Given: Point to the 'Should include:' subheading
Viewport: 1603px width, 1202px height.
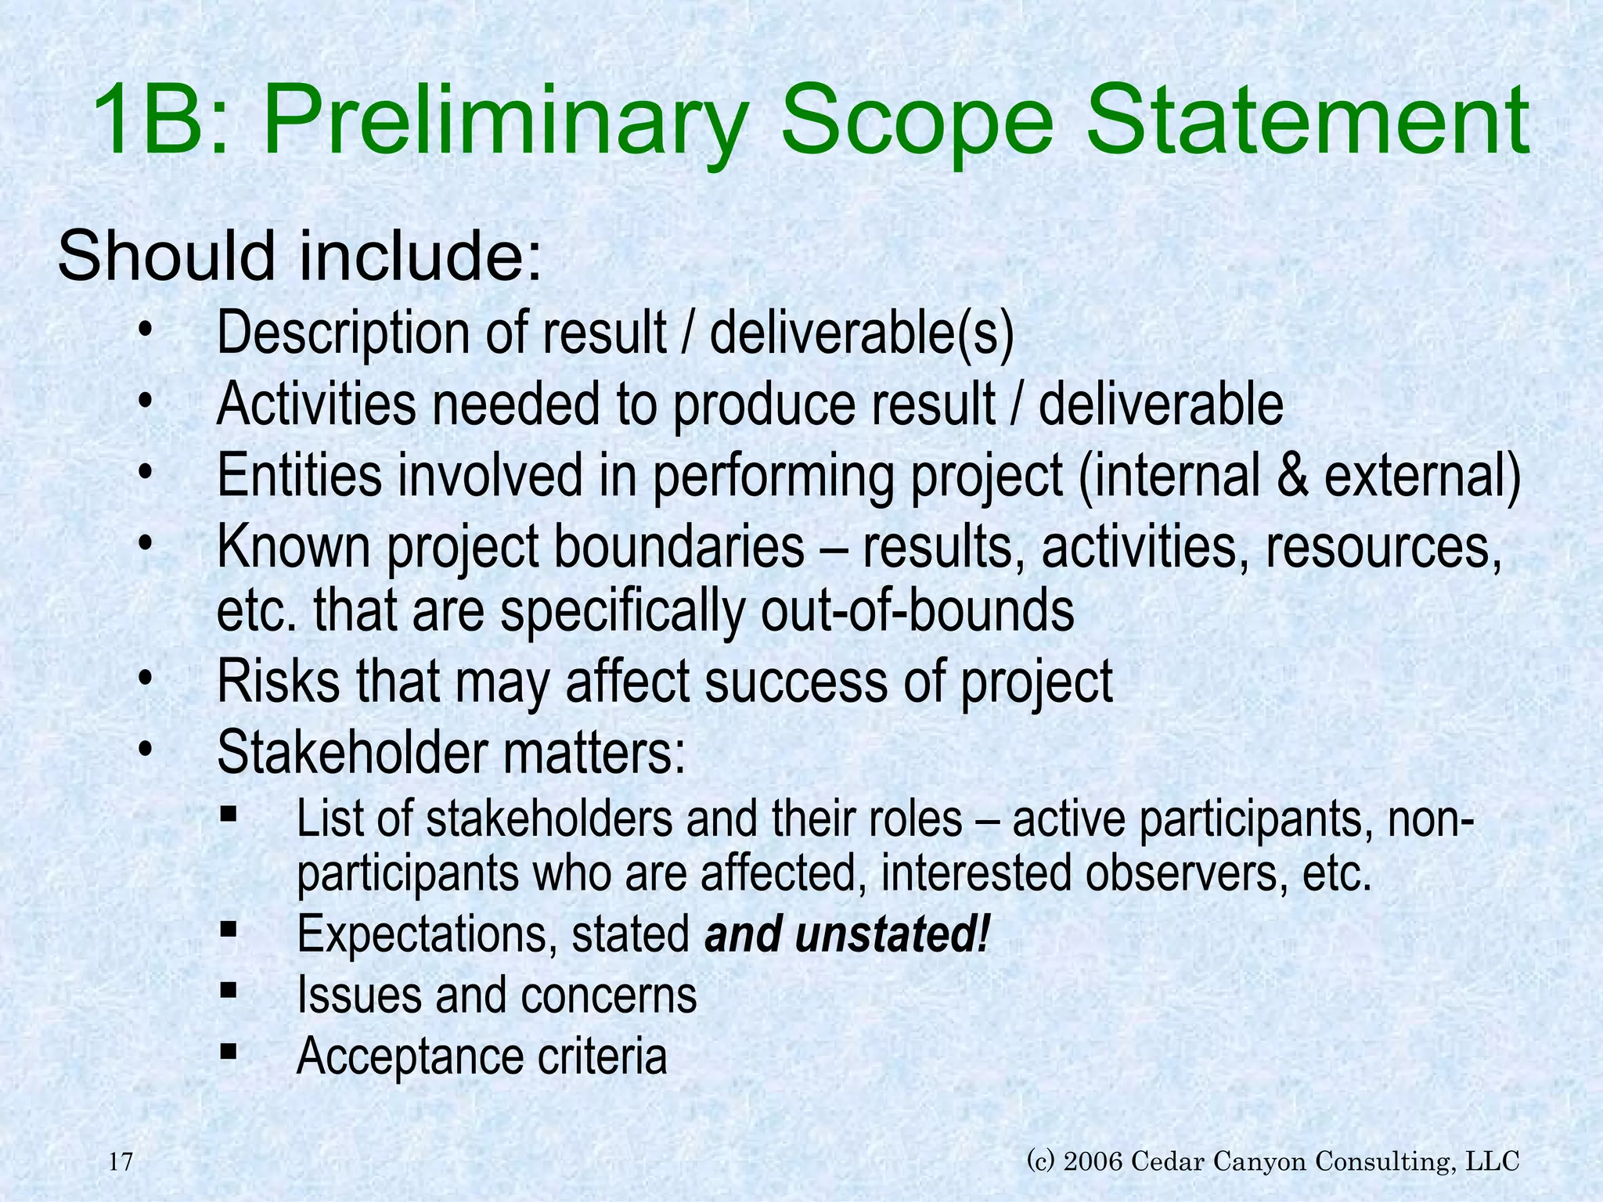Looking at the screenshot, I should click(300, 257).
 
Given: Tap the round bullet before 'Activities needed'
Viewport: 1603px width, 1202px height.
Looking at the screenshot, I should click(144, 402).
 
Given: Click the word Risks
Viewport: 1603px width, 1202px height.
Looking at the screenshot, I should click(278, 681).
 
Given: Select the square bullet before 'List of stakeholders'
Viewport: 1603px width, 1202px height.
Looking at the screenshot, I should click(229, 815).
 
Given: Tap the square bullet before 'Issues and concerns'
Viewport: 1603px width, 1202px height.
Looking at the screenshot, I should click(229, 991).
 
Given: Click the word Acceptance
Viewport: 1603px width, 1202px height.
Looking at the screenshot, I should click(408, 1056).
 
